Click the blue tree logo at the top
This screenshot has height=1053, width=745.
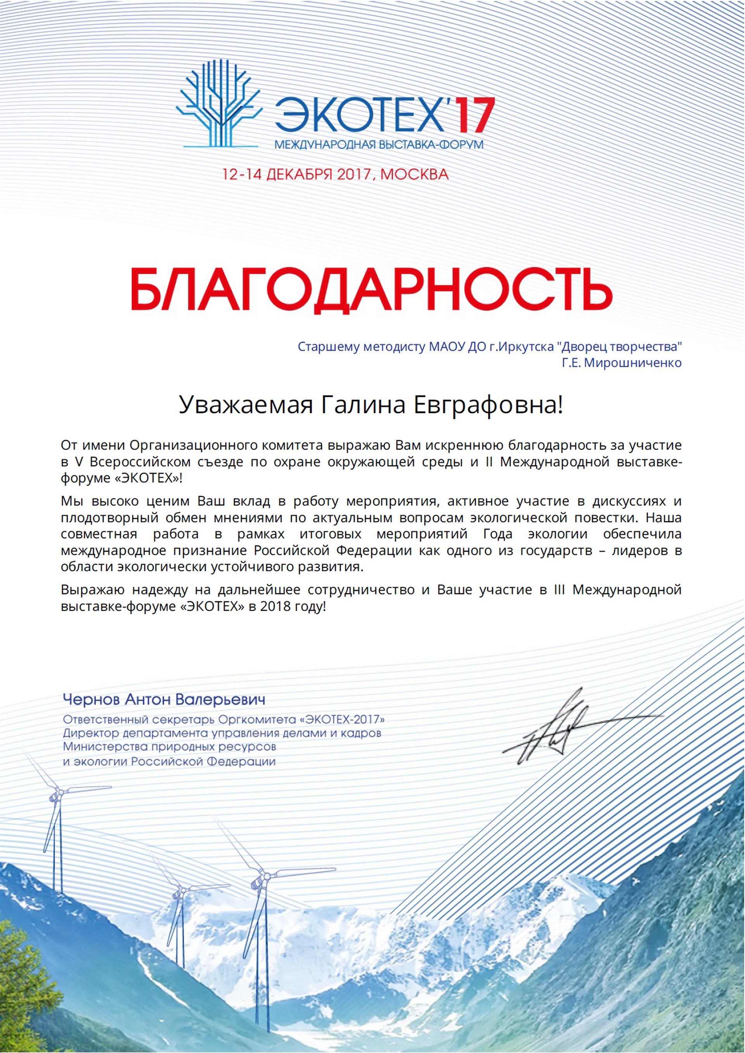[220, 110]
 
